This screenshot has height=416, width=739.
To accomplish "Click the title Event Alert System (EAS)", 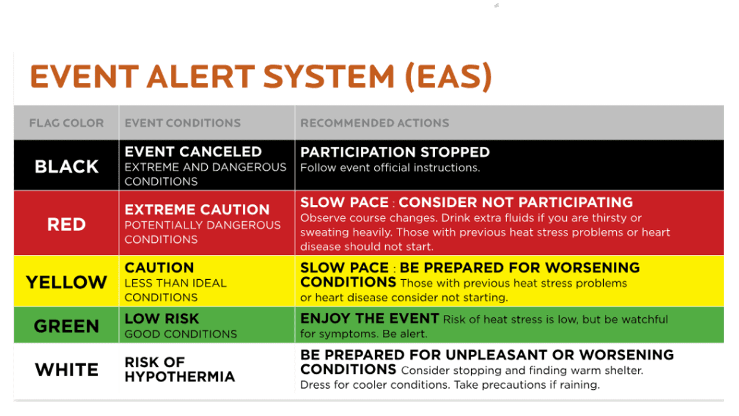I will tap(261, 77).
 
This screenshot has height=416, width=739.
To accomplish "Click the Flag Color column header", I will tap(66, 124).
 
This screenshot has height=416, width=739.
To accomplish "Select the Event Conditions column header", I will tap(183, 124).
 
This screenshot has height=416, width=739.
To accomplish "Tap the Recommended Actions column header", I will tap(375, 124).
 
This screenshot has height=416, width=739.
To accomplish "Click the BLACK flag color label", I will tap(66, 166).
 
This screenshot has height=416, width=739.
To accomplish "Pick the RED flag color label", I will tap(66, 224).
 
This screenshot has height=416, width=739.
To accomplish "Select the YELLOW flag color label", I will tap(66, 282).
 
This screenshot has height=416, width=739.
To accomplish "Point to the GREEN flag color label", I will tap(66, 326).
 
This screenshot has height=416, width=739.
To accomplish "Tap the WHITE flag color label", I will tap(66, 370).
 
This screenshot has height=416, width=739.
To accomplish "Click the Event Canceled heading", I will tap(193, 152).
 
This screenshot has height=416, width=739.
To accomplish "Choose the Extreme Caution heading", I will tap(197, 210).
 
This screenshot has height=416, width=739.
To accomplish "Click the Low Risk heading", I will tap(161, 319).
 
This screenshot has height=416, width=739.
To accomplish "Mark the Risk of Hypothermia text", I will tap(179, 370).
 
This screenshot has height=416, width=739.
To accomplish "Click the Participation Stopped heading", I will tap(395, 152).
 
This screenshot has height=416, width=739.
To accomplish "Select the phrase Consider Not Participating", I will tap(516, 202).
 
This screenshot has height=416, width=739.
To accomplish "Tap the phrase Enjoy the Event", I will tap(369, 319).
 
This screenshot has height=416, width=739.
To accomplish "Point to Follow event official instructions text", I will tap(390, 168).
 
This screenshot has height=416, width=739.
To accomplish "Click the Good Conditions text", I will tap(180, 334).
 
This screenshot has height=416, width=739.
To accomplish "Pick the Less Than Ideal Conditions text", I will tap(175, 290).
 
